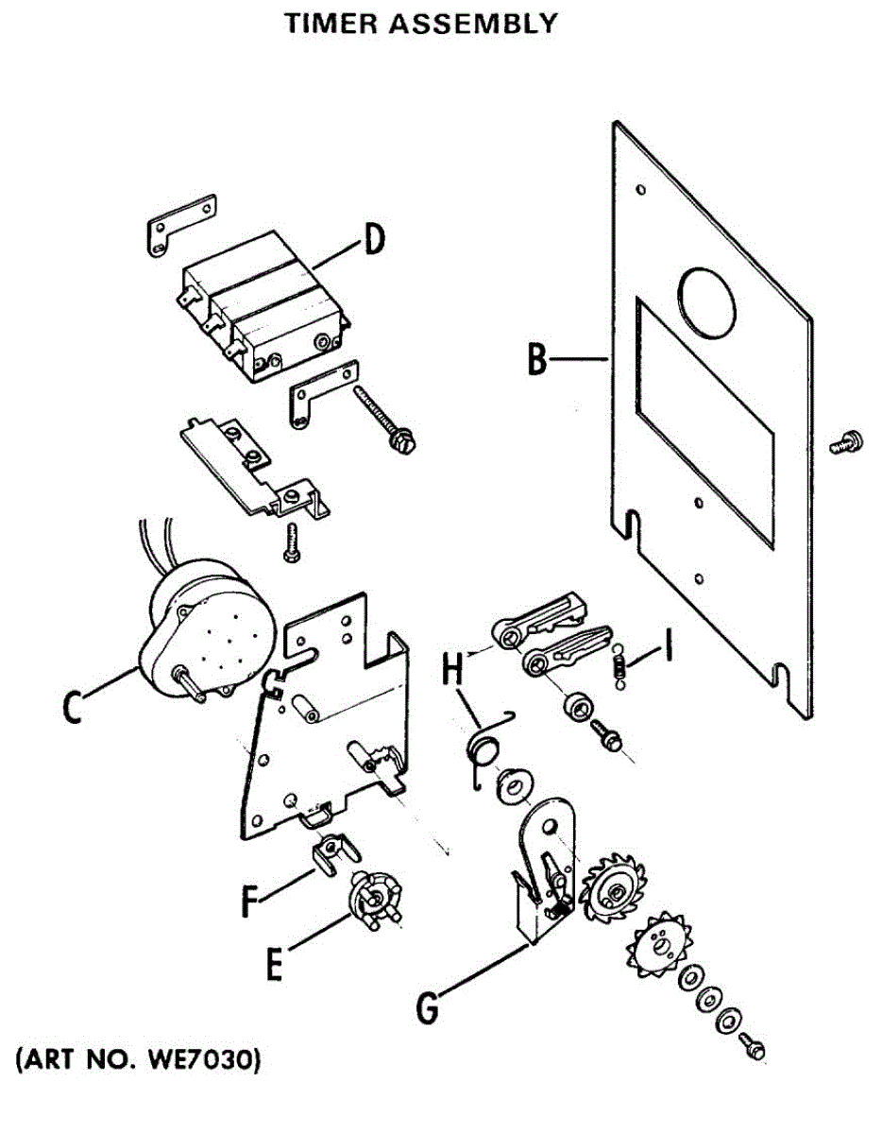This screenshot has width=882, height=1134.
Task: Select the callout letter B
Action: tap(537, 359)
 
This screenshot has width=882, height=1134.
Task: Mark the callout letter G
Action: tap(428, 1007)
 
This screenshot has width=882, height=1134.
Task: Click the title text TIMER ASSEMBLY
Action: tap(421, 24)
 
